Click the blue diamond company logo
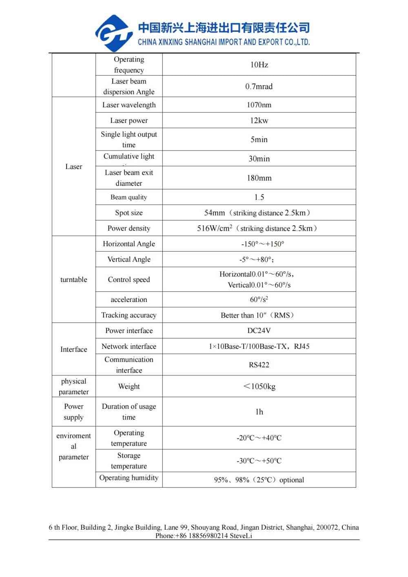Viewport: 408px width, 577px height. coord(113,33)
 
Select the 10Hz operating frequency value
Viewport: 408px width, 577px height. coord(259,64)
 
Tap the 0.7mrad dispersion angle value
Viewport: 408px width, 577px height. coord(259,87)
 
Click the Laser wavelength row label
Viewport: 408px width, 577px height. coord(129,105)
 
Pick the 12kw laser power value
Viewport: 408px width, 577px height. coord(259,120)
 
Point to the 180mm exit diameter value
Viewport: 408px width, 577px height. coord(259,178)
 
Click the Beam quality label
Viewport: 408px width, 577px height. coord(129,197)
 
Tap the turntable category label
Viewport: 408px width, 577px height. coord(74,280)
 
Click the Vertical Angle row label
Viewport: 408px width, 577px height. coord(129,259)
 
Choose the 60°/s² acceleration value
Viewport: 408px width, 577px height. coord(259,300)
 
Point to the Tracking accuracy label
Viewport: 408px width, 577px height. coord(129,315)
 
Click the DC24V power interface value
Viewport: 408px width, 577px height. coord(259,331)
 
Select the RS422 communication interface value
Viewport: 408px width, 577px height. coord(259,365)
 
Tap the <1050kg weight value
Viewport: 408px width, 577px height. coord(259,386)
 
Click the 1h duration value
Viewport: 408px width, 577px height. coord(259,412)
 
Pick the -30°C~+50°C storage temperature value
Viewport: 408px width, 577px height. coord(259,461)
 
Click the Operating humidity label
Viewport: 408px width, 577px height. coord(129,478)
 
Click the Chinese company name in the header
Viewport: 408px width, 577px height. coord(224,28)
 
